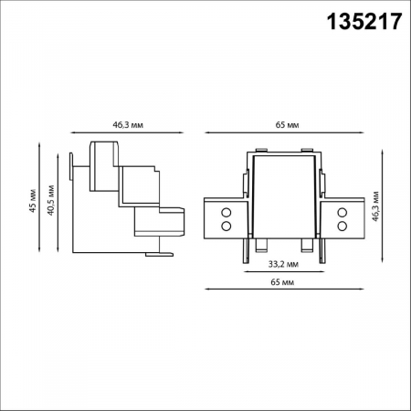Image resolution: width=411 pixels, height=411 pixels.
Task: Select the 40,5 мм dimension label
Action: (52, 202)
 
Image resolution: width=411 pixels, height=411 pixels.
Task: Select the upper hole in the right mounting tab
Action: (342, 213)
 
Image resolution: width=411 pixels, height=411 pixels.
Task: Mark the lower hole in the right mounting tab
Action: (342, 225)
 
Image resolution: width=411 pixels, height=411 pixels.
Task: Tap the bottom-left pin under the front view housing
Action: (259, 246)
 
